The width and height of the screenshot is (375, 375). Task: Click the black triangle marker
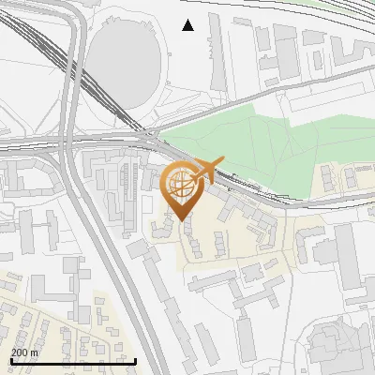tap(188, 25)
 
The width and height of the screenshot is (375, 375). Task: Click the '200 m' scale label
tap(24, 352)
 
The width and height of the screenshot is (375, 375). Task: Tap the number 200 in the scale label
tap(20, 352)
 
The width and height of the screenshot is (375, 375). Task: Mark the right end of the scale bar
tap(136, 361)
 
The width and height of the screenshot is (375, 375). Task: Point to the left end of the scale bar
tap(10, 361)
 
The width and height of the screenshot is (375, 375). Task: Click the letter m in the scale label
tap(34, 352)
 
